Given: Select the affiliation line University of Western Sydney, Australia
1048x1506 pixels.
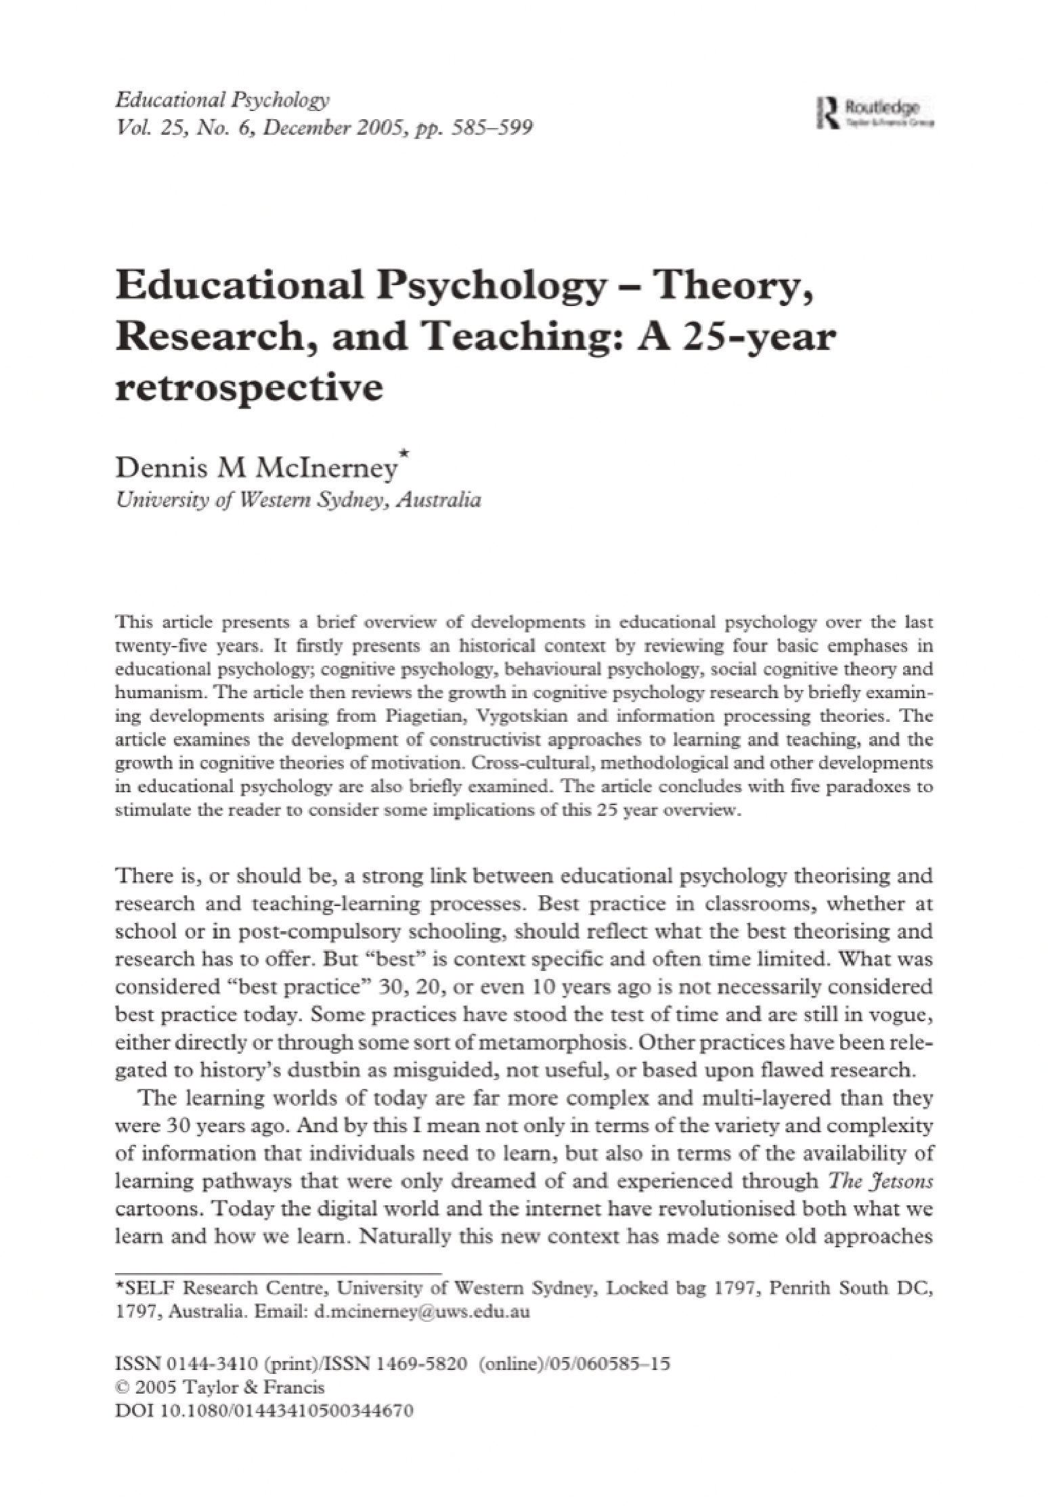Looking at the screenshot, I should click(x=298, y=501).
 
